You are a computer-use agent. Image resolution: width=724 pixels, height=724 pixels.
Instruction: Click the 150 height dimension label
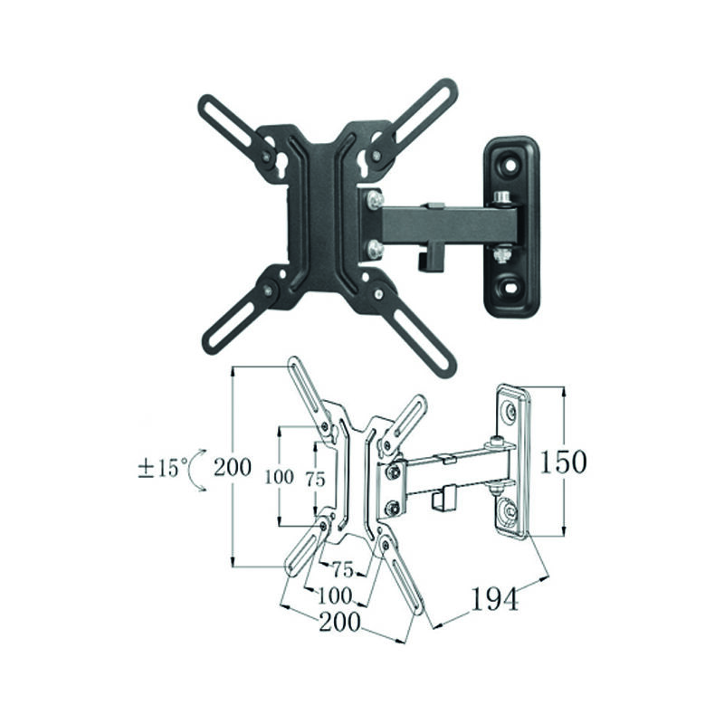(x=563, y=462)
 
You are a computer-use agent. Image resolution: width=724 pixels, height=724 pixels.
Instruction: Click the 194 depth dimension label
(x=494, y=599)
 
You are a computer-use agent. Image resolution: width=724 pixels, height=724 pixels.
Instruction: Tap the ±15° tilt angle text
(x=164, y=468)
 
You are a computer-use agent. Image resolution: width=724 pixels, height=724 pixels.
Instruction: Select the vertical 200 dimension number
(x=233, y=467)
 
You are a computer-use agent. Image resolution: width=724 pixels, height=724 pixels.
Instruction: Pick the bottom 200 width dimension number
(x=339, y=623)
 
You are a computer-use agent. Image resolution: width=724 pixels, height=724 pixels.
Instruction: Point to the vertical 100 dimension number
(x=279, y=477)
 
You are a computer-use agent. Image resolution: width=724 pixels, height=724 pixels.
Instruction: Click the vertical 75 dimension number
(x=315, y=480)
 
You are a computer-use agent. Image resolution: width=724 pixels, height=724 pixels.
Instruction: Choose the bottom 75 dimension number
(x=343, y=570)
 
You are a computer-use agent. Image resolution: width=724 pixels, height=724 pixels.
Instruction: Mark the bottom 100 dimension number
(x=335, y=595)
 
